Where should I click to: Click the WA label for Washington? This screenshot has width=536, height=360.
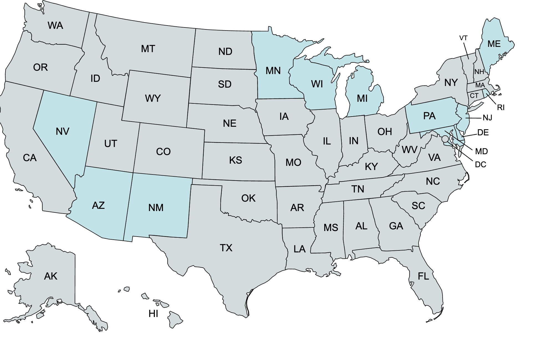click(x=55, y=26)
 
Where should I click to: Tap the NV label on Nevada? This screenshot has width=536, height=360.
click(x=62, y=131)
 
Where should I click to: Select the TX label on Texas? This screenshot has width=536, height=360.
click(x=226, y=248)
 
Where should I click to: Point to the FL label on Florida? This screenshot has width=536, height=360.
click(x=423, y=276)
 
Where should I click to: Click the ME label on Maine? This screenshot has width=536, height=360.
click(x=494, y=44)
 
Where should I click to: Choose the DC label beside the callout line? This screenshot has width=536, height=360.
click(x=480, y=165)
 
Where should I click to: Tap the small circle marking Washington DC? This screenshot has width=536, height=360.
click(x=445, y=139)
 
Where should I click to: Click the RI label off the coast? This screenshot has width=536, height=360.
click(x=501, y=108)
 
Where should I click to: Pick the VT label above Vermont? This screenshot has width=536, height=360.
click(x=463, y=38)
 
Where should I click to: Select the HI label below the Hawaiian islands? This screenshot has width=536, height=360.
click(x=153, y=314)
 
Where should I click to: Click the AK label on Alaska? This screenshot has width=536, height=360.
click(x=51, y=276)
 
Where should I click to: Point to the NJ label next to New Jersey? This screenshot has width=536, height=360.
click(x=487, y=118)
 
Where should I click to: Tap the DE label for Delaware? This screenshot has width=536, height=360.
click(x=483, y=133)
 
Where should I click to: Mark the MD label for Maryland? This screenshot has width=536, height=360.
click(x=481, y=151)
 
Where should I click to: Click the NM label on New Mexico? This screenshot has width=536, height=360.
click(x=156, y=208)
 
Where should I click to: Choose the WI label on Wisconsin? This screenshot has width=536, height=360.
click(x=317, y=84)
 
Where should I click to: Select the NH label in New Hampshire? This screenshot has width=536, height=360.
click(x=479, y=72)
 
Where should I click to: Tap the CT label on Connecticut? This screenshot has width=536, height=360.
click(x=474, y=96)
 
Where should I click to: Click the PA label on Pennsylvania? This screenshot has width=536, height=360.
click(x=429, y=116)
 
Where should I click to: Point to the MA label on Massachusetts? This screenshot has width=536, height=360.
click(x=480, y=85)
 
